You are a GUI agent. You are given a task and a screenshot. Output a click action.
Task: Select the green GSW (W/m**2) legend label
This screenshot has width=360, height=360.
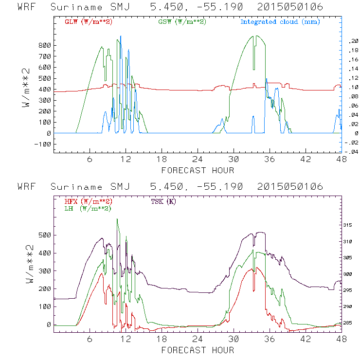point(181,21)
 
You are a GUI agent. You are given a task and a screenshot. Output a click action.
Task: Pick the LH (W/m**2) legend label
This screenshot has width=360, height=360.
point(88,208)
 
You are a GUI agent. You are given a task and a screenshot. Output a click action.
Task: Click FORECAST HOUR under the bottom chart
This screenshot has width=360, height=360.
point(198,350)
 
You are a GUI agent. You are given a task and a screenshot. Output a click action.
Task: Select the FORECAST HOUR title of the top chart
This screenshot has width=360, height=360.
point(198,170)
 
